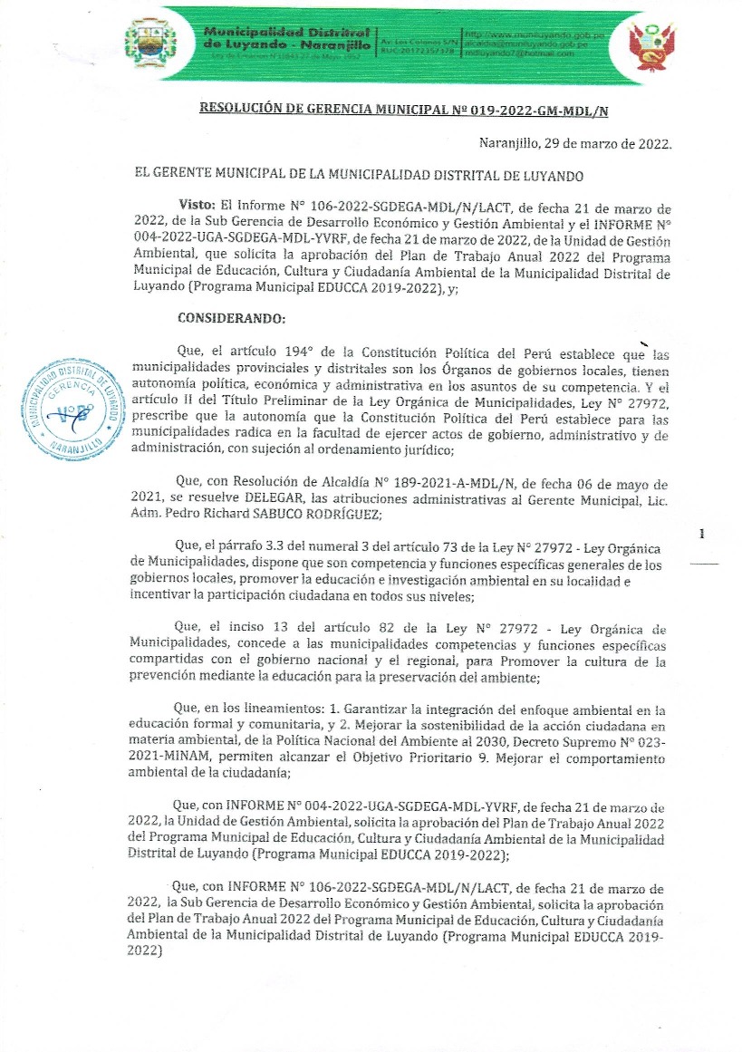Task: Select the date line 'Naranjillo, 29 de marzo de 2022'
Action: pos(574,144)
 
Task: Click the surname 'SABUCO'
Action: pos(266,514)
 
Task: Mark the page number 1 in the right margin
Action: pos(702,536)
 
